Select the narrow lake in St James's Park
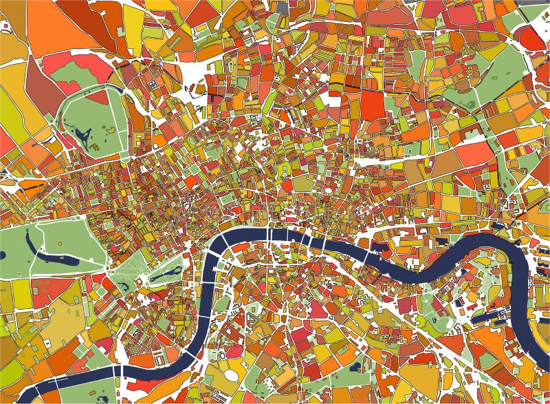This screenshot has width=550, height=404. [165, 275]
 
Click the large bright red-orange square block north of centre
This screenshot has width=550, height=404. [373, 104]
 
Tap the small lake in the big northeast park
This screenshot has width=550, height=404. [470, 105]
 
